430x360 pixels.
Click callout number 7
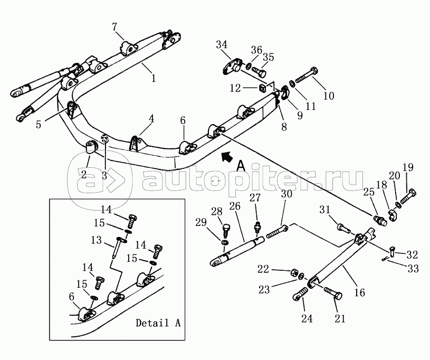(x=116, y=27)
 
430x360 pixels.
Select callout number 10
(x=328, y=96)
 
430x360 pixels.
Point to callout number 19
(x=408, y=168)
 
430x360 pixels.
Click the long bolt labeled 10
(x=305, y=75)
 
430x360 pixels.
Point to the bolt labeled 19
(x=410, y=198)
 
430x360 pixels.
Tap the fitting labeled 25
(x=379, y=220)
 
